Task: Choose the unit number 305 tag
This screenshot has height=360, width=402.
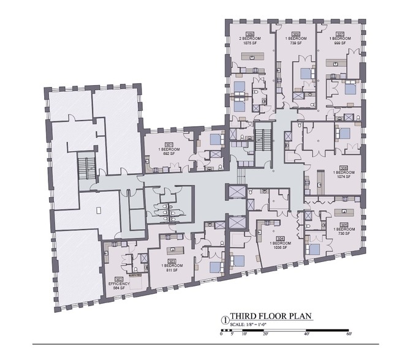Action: click(x=344, y=224)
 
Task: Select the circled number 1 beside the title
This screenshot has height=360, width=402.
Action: click(x=225, y=319)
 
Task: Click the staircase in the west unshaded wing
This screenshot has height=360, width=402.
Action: click(x=87, y=165)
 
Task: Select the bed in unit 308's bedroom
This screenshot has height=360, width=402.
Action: click(x=305, y=75)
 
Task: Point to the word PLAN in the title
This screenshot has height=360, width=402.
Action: click(x=301, y=317)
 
